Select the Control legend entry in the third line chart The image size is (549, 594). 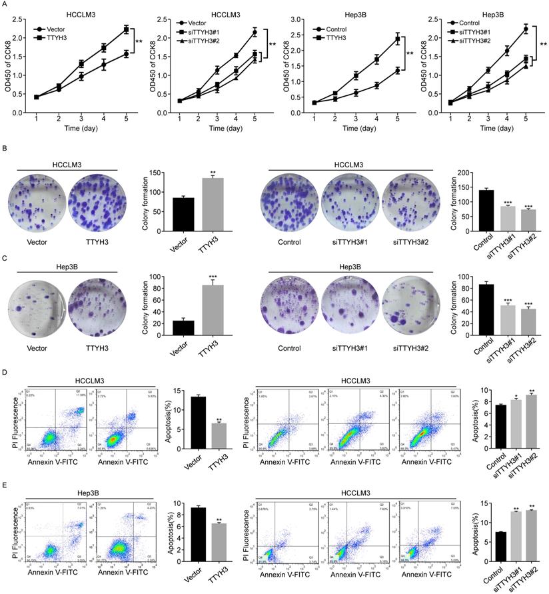338,30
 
